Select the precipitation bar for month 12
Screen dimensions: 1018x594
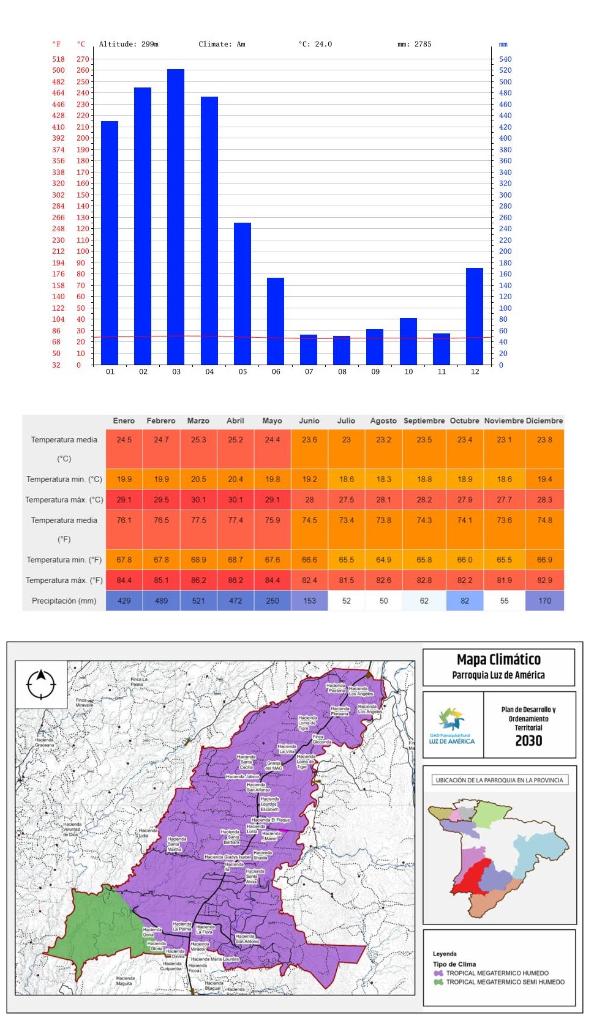(x=475, y=316)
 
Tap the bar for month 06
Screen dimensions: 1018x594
(x=276, y=321)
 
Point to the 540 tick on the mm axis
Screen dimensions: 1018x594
(x=505, y=59)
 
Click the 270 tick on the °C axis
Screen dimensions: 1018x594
(x=83, y=59)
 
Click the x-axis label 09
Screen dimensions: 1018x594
(x=375, y=371)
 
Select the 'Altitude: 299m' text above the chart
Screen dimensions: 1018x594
(x=129, y=44)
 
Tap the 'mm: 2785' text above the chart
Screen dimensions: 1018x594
(x=414, y=44)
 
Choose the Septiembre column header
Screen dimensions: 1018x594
(x=424, y=421)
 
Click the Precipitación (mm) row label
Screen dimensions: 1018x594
(x=64, y=601)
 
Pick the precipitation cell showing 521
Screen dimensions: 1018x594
(x=198, y=601)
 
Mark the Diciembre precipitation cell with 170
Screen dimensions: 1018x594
(x=544, y=601)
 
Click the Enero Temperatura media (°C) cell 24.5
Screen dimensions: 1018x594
(x=124, y=440)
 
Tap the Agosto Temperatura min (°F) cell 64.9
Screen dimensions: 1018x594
(x=383, y=560)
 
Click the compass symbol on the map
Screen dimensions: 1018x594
(x=41, y=684)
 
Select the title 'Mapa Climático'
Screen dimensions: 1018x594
(x=498, y=659)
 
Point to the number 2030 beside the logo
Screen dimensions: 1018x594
(x=528, y=741)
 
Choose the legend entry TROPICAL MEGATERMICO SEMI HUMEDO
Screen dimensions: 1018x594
(x=505, y=982)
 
